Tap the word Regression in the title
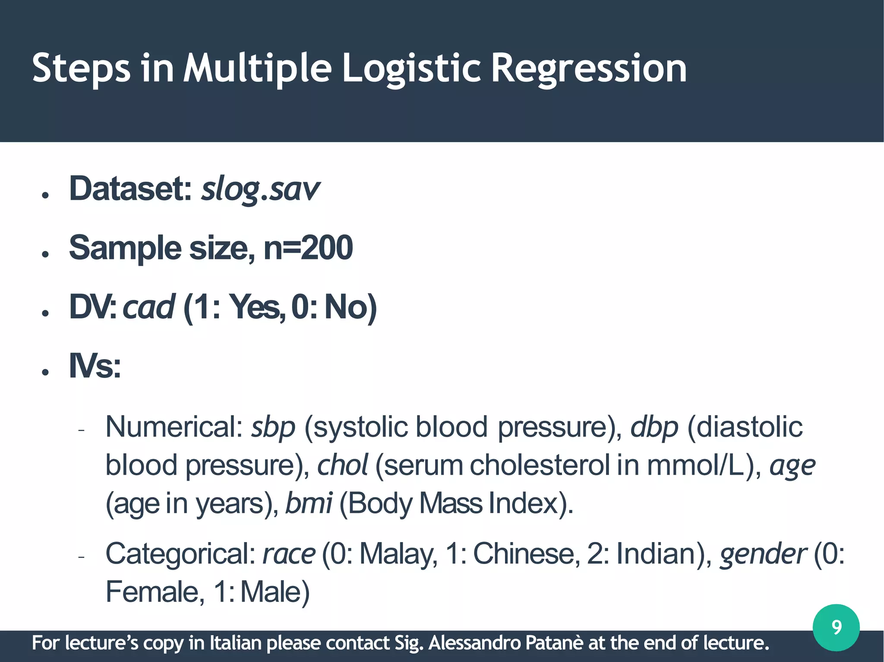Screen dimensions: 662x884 [589, 68]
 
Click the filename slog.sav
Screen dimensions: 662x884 [260, 189]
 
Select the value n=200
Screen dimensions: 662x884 [308, 248]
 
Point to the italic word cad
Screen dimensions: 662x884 [148, 307]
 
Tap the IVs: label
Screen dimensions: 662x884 [95, 366]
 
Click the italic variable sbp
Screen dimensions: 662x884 [273, 427]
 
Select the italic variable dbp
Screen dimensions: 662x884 [654, 427]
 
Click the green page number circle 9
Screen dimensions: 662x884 [836, 627]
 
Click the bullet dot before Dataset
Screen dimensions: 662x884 [45, 195]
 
